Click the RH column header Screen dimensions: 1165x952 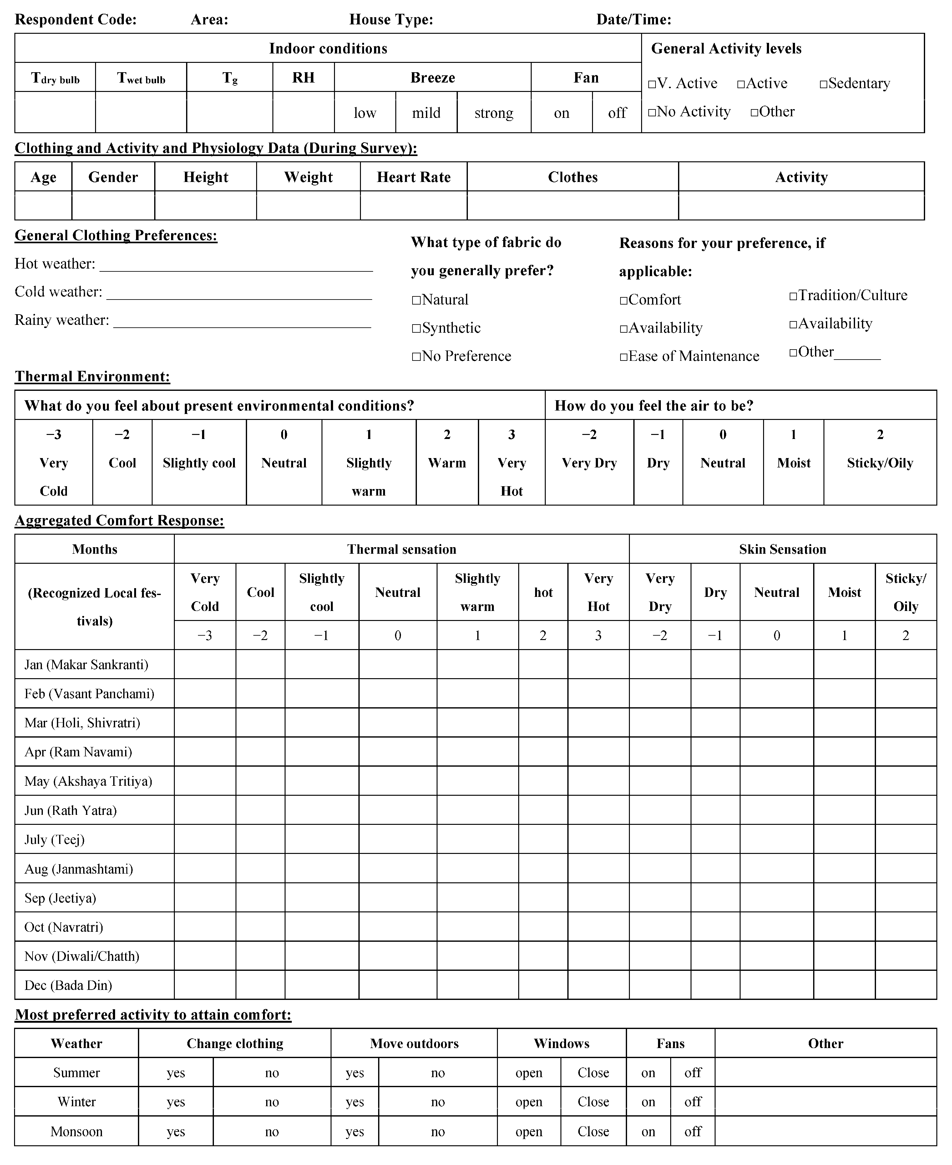point(303,77)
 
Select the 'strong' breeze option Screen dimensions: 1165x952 point(494,113)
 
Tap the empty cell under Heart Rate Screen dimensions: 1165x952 point(413,206)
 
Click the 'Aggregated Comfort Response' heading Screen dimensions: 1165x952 point(119,520)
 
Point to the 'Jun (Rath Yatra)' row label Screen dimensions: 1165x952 point(71,810)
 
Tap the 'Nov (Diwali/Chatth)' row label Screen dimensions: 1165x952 point(82,956)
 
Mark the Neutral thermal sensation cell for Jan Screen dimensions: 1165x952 point(398,664)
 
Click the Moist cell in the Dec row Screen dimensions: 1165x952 point(844,985)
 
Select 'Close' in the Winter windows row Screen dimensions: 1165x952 point(593,1102)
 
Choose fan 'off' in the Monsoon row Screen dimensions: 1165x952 point(693,1131)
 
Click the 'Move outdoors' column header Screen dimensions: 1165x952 point(414,1043)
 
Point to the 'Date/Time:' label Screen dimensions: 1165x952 point(633,20)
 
